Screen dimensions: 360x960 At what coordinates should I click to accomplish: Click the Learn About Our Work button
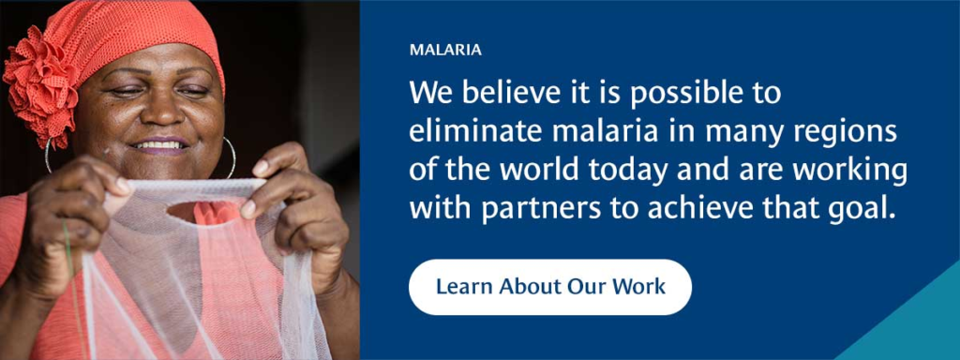[550, 286]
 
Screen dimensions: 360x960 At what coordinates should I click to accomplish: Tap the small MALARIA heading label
[445, 50]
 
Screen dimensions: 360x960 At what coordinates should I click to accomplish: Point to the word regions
[847, 132]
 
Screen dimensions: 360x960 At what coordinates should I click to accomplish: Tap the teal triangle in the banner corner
[914, 323]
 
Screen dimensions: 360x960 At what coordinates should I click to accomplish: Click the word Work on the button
[639, 286]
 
